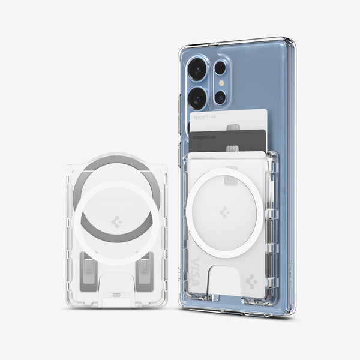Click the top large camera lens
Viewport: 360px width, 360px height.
click(x=197, y=70)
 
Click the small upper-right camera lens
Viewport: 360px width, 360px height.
click(x=220, y=67)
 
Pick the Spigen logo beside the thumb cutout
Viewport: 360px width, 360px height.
click(x=252, y=279)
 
